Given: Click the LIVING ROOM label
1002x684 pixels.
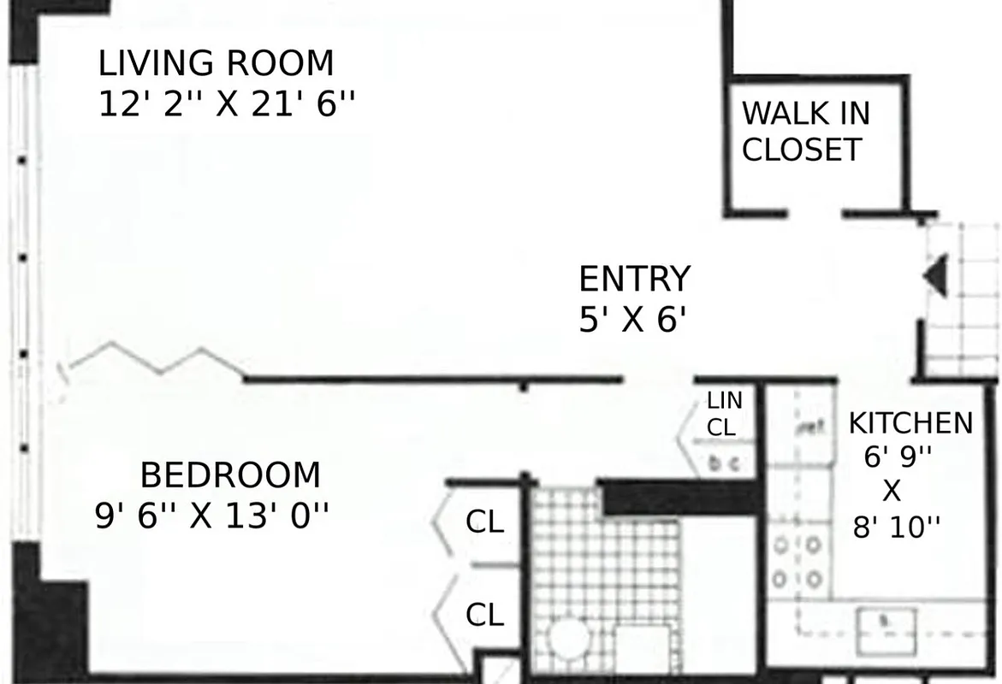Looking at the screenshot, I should (x=216, y=64).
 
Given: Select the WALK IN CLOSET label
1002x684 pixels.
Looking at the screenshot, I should (x=804, y=131).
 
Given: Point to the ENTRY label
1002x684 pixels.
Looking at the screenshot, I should (x=634, y=280).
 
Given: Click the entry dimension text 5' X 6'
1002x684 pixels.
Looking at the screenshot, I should (x=633, y=321).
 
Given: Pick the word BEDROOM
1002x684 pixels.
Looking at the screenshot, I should (x=230, y=475).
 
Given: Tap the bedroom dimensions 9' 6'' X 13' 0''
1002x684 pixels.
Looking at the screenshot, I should (x=211, y=516).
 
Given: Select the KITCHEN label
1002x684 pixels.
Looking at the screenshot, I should (x=910, y=423).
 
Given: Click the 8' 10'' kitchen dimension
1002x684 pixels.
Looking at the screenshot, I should (x=896, y=528).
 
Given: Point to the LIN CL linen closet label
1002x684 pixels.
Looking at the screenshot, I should (x=724, y=413).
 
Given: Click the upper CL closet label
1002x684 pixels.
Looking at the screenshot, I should (x=484, y=522).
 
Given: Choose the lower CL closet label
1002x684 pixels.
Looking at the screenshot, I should (x=484, y=615).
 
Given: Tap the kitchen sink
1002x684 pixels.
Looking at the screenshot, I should (x=886, y=621).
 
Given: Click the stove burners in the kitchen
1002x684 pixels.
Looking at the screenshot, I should (x=797, y=562).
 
